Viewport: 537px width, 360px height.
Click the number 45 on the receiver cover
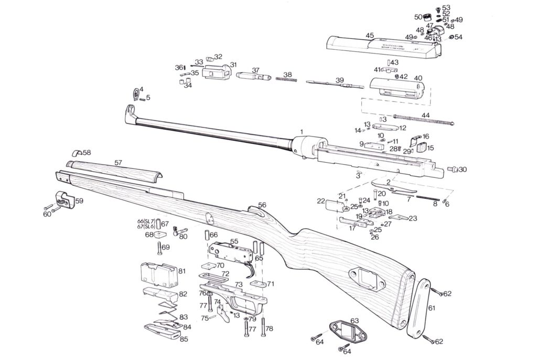(370, 36)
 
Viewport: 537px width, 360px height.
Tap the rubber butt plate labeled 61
(420, 307)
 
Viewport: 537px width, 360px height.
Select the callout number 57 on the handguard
(118, 163)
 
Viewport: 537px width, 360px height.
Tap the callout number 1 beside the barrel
(302, 130)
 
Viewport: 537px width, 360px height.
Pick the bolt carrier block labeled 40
(396, 87)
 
